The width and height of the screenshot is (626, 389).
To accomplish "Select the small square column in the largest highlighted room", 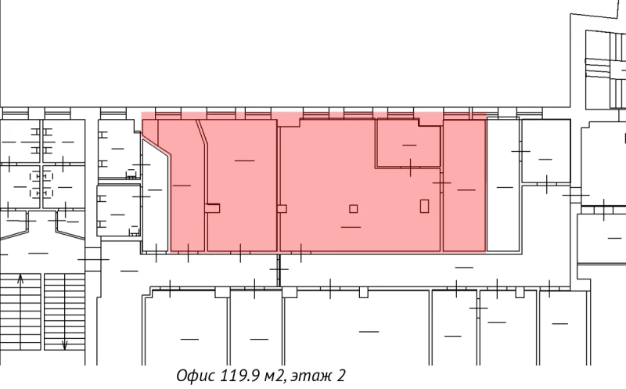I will tap(354, 208).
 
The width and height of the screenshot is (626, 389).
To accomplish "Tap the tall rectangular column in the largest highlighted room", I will tap(424, 206).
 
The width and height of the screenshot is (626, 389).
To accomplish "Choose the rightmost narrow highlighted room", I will tap(464, 188).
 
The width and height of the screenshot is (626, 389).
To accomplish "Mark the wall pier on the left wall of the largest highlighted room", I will tap(282, 208).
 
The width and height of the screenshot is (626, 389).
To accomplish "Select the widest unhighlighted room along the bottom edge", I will tap(356, 329).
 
